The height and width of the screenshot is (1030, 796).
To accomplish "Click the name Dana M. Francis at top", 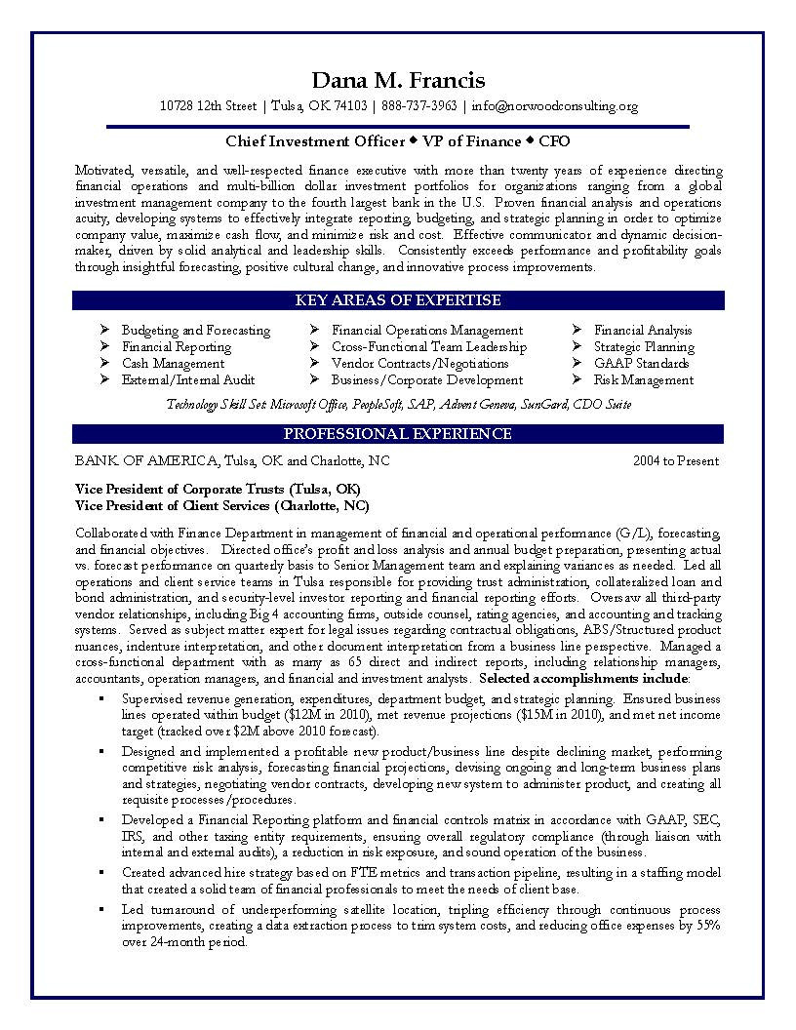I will (397, 80).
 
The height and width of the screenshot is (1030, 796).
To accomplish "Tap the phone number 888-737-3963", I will (419, 106).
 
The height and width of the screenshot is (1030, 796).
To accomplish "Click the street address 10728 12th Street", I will (208, 106).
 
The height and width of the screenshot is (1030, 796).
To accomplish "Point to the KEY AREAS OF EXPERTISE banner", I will (398, 300).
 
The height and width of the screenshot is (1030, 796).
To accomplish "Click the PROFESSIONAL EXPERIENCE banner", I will (398, 434).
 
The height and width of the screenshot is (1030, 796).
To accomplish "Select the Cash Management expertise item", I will (173, 364).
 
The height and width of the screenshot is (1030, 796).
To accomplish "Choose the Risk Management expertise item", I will (644, 380).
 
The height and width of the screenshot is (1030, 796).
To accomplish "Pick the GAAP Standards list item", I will (641, 364).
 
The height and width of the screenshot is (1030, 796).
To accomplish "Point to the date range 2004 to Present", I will (676, 461).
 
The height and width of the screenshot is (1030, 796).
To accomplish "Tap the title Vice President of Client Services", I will (176, 505).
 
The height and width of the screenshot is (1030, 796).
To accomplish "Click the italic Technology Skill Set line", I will (398, 404).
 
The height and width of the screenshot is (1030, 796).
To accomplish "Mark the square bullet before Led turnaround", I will (101, 909).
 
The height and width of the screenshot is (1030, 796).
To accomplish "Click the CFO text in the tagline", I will (554, 139).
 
